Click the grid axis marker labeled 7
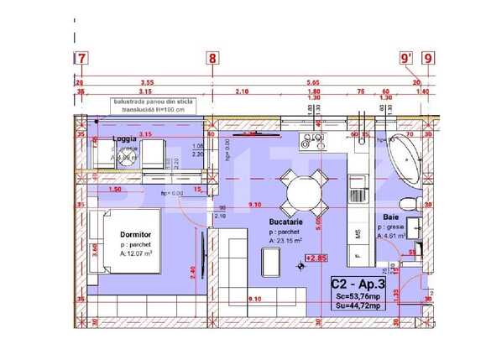coord(81,58)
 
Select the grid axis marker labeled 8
coord(212,58)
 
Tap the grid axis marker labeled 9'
coord(406,58)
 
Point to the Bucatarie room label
coord(286,222)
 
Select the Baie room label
coord(390,217)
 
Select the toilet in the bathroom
coord(407,203)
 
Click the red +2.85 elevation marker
coord(317,258)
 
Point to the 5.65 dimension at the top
coord(312,82)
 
